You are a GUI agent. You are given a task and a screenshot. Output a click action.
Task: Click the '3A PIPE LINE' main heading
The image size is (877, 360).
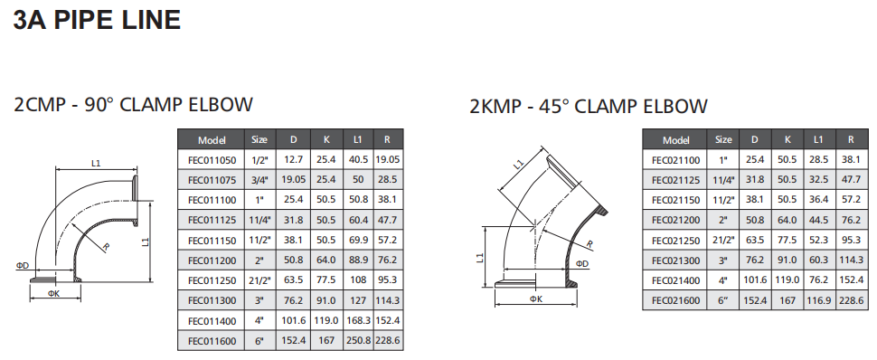(x=97, y=20)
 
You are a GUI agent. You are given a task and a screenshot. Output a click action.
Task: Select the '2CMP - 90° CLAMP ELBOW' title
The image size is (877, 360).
(x=133, y=105)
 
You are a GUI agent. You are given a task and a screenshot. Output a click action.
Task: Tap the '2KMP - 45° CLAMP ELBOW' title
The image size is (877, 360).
(x=589, y=106)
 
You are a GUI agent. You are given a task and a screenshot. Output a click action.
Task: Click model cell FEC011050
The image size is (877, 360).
(x=212, y=160)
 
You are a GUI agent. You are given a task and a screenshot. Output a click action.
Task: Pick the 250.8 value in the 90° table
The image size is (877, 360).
(x=359, y=340)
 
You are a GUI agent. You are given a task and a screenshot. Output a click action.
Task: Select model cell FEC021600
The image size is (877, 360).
(x=675, y=300)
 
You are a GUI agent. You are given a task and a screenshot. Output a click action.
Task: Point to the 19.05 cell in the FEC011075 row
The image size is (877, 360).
(x=294, y=180)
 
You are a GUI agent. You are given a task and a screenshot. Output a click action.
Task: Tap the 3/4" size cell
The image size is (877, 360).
(x=259, y=180)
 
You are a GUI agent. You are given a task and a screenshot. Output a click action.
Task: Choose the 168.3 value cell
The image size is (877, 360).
(x=359, y=321)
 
